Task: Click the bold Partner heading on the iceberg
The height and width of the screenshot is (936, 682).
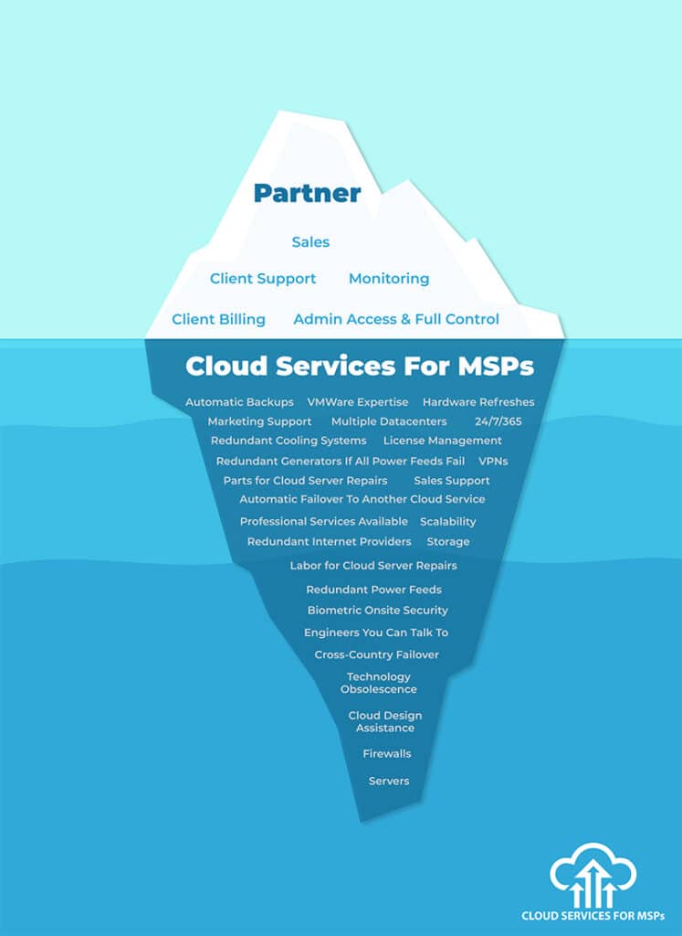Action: [x=307, y=194]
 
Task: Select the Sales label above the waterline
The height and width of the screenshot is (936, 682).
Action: [x=310, y=242]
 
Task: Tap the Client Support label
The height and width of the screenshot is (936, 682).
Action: [x=263, y=279]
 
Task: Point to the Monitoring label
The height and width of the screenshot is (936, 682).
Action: [x=389, y=279]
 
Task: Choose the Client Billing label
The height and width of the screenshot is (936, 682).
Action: [x=219, y=319]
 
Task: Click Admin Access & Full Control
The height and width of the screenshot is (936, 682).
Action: [x=396, y=319]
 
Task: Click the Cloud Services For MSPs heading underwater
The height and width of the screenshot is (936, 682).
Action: [x=360, y=366]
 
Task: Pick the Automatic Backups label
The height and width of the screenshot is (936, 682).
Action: [x=239, y=402]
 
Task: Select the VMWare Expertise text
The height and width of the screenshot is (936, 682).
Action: [x=358, y=402]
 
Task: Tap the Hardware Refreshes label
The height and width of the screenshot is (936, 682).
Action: [x=478, y=402]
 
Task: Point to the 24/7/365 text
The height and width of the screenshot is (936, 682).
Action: [x=498, y=421]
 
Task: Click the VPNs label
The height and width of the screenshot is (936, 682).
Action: [x=494, y=462]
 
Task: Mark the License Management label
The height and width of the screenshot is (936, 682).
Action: [x=442, y=441]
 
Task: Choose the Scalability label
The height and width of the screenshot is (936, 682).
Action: [x=447, y=522]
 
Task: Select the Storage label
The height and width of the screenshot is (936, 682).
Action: [x=448, y=542]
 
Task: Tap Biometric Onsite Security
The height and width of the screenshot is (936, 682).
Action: [x=377, y=611]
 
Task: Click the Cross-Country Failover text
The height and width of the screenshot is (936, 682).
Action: [x=376, y=654]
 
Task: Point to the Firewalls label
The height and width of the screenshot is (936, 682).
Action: [x=387, y=754]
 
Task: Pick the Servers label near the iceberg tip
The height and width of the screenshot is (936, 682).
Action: [x=389, y=782]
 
